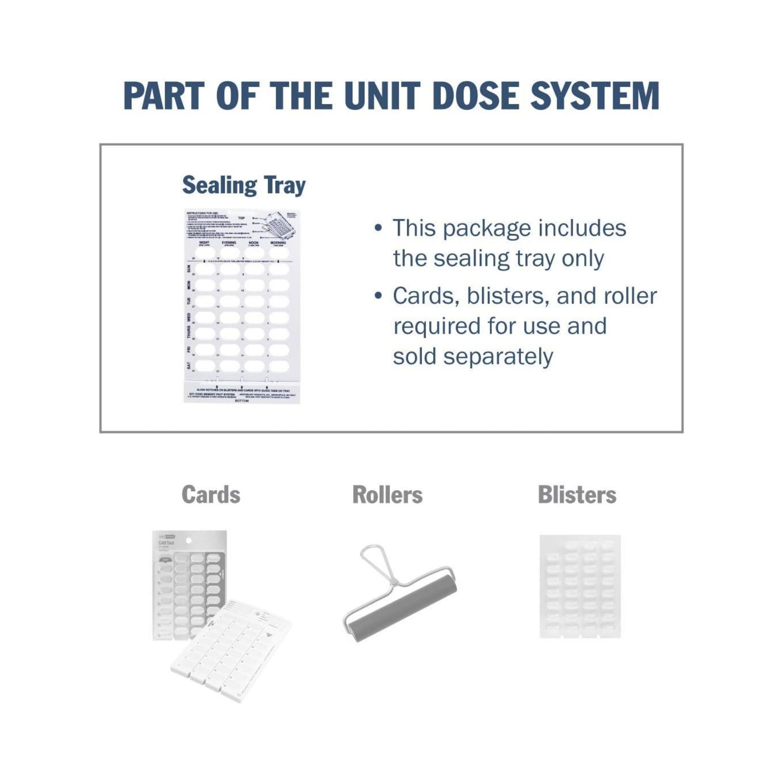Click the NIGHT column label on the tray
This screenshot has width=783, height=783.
[204, 242]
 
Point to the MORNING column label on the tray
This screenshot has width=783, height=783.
[278, 242]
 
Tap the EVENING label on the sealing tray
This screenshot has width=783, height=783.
[228, 242]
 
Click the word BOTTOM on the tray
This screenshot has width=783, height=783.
[242, 401]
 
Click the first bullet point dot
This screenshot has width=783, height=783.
[378, 228]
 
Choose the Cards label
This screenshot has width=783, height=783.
[211, 495]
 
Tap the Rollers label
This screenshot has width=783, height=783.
[388, 495]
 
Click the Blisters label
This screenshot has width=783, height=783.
[577, 495]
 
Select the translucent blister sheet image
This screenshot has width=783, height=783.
[580, 586]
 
